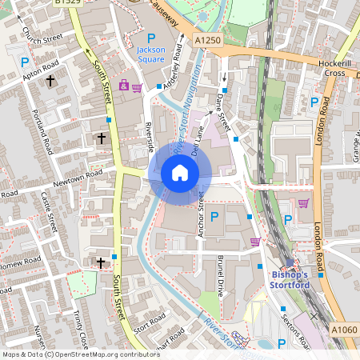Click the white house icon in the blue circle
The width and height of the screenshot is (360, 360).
180,172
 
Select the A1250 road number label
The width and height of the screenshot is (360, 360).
206,39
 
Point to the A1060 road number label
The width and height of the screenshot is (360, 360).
344,330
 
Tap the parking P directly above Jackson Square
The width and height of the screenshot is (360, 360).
150,38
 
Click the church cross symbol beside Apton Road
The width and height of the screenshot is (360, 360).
50,81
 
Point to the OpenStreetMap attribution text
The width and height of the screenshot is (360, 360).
70,354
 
